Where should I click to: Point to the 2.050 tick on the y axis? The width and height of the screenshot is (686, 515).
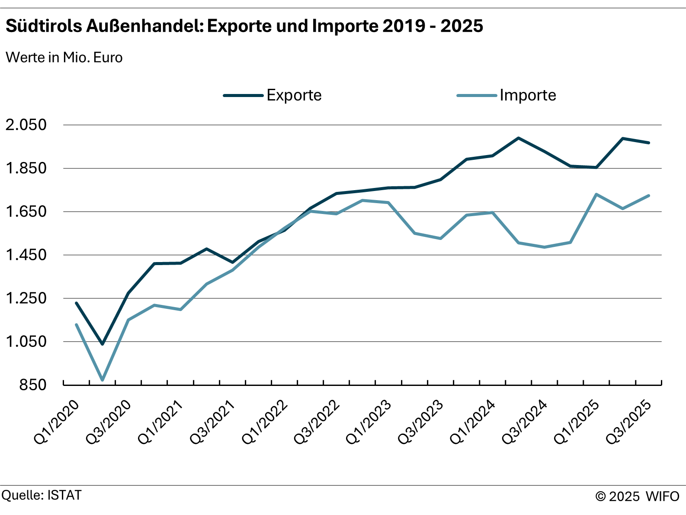(26, 125)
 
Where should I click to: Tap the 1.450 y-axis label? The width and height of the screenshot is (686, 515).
(26, 255)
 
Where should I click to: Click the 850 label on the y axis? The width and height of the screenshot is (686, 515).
(32, 385)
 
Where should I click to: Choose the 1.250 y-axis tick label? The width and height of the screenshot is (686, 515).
(26, 298)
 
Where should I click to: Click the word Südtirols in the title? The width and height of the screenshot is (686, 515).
(44, 26)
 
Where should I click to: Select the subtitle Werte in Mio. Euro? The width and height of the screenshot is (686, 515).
(64, 57)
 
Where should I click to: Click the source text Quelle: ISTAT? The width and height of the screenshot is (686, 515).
(42, 495)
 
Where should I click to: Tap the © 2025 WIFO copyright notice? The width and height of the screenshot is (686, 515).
(637, 496)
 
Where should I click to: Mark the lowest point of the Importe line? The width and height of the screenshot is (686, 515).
(103, 380)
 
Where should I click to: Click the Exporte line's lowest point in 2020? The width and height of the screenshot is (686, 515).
(103, 344)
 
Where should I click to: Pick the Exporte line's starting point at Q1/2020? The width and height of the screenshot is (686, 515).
(77, 303)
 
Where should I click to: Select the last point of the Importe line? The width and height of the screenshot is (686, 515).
(648, 196)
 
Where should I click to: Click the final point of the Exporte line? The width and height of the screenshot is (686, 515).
(648, 143)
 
